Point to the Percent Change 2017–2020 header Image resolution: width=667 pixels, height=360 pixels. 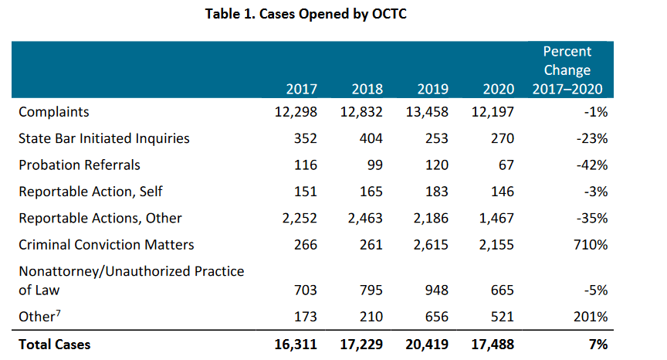tap(567, 70)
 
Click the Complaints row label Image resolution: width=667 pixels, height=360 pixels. tap(54, 112)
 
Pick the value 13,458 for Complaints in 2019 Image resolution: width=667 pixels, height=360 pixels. tap(427, 112)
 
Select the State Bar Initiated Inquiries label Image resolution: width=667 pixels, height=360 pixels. tap(104, 138)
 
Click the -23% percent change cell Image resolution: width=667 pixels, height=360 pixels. tap(594, 138)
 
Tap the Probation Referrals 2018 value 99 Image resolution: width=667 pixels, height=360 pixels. tap(373, 165)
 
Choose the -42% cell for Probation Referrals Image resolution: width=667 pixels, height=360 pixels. tap(594, 165)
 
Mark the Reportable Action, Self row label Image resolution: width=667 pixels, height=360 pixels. tap(91, 192)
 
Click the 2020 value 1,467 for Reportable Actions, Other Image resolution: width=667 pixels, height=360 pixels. tap(498, 218)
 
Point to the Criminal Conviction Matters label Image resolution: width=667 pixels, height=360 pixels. tap(107, 244)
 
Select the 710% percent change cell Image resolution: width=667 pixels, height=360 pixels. tap(592, 244)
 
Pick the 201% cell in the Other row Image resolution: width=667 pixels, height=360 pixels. tap(592, 317)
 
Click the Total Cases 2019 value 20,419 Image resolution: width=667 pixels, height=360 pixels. tap(427, 345)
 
